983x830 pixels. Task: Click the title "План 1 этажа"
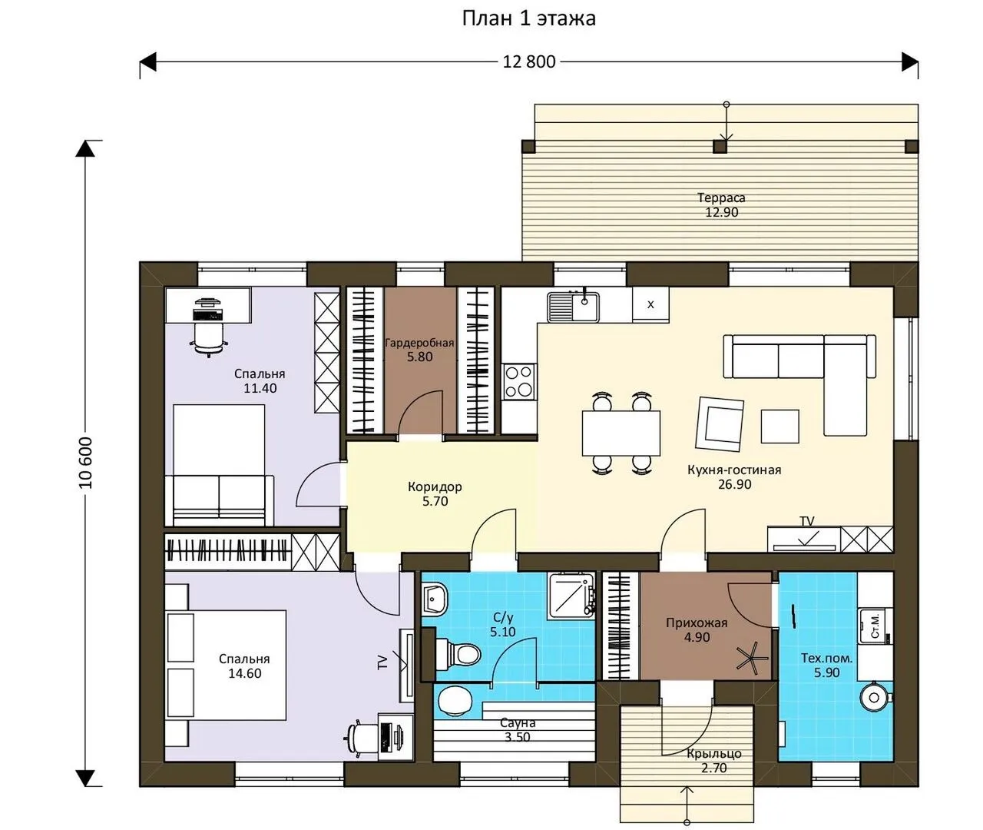click(x=528, y=19)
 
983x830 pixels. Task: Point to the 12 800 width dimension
click(x=528, y=61)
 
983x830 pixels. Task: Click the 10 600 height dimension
click(x=85, y=463)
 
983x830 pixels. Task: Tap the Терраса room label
click(x=721, y=198)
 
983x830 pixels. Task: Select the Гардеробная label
click(x=419, y=343)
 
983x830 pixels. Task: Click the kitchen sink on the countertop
click(x=574, y=306)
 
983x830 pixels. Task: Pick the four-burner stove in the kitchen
click(x=519, y=381)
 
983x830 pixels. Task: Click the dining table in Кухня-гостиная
click(x=621, y=433)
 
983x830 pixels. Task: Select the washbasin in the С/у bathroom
click(x=434, y=599)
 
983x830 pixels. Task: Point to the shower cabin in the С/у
click(x=571, y=596)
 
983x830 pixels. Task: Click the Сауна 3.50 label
click(x=518, y=729)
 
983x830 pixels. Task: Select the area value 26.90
click(x=734, y=484)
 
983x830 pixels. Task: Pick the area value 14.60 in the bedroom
click(x=245, y=673)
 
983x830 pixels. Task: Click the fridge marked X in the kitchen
click(x=650, y=304)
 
